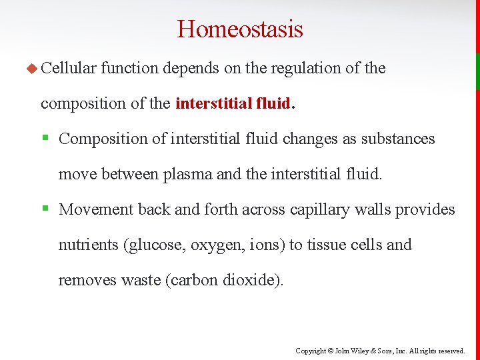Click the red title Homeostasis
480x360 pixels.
coord(240,29)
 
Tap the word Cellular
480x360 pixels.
coord(69,68)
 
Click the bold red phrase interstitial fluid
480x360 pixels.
coord(233,103)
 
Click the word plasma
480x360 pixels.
coord(188,174)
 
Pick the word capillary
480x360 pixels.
coord(317,209)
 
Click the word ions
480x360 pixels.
coord(267,245)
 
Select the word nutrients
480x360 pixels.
coord(89,245)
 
